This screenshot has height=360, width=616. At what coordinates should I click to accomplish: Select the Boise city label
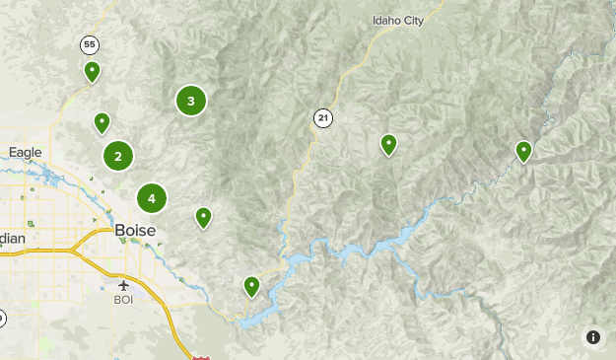pos(135,230)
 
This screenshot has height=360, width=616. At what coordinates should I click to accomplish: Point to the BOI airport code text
pos(123,299)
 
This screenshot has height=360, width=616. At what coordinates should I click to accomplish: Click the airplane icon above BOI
pos(123,284)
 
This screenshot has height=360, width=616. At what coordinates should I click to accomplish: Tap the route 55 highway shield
pos(91,45)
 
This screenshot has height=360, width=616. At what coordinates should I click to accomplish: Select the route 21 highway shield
pos(322,118)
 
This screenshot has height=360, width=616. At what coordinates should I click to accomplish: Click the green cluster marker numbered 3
pos(191,101)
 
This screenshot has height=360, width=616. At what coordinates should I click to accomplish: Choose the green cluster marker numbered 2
pos(118,155)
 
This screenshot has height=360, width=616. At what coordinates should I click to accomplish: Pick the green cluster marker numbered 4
pos(152,198)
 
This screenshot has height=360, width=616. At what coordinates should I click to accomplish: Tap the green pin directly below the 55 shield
pos(92,71)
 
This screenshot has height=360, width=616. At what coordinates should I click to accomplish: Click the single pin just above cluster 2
pos(102,122)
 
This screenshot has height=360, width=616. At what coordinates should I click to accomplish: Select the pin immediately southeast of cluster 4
pos(203,217)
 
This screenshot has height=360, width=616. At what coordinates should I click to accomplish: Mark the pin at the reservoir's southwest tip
pos(252,286)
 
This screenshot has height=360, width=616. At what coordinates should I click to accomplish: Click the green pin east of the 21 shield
pos(389,144)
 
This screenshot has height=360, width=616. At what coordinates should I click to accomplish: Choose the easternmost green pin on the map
pos(523,151)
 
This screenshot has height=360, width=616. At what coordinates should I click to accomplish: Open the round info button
pos(593,337)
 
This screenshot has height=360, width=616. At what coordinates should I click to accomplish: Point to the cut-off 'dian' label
pos(13,239)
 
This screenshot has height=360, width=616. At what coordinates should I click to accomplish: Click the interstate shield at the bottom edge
pos(201,356)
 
